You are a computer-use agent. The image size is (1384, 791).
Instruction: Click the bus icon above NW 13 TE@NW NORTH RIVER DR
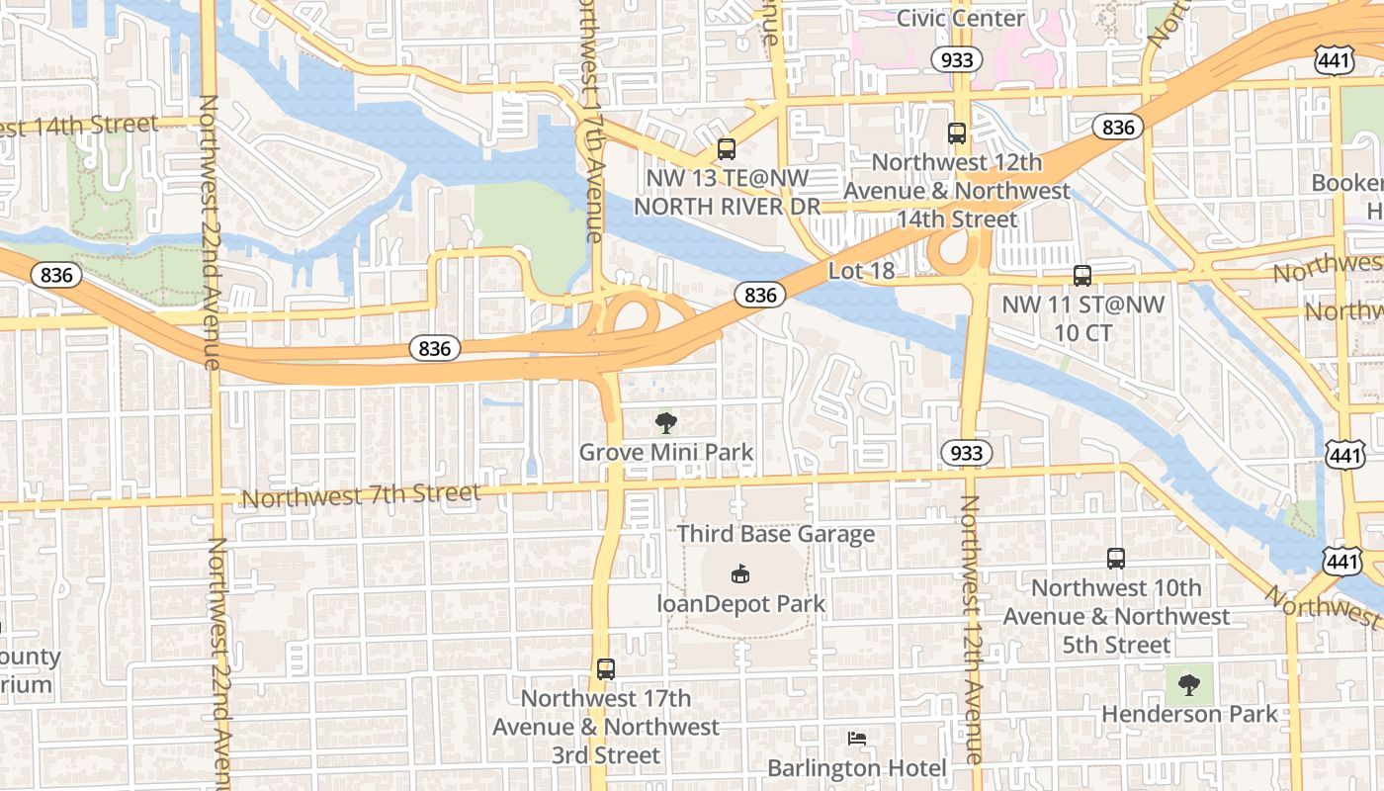[727, 149]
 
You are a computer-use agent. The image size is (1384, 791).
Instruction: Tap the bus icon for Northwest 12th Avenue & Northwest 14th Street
[956, 132]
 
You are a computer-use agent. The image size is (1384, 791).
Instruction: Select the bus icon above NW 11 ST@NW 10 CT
[1082, 276]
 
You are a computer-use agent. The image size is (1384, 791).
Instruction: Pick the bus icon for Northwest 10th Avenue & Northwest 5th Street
[1116, 559]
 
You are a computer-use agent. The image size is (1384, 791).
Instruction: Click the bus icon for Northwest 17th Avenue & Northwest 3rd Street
[606, 669]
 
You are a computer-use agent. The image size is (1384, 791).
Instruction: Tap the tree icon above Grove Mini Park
[666, 423]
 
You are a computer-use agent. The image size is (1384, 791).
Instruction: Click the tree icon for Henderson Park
[1189, 684]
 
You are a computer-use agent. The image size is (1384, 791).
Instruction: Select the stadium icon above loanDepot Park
[739, 573]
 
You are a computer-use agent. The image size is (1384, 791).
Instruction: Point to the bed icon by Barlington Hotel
[857, 739]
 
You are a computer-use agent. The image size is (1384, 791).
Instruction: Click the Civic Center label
[960, 19]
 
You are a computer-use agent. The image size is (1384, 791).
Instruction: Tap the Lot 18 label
[860, 271]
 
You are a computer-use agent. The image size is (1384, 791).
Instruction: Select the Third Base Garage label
[776, 534]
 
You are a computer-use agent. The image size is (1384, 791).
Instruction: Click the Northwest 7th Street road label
[361, 494]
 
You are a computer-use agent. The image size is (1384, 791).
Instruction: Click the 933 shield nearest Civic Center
[957, 60]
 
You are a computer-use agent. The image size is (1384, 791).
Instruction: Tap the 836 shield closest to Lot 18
[759, 295]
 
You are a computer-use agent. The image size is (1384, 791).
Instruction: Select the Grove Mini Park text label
[666, 453]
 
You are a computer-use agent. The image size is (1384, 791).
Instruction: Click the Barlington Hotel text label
[857, 768]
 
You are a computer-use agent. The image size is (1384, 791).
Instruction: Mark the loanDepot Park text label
[741, 603]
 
